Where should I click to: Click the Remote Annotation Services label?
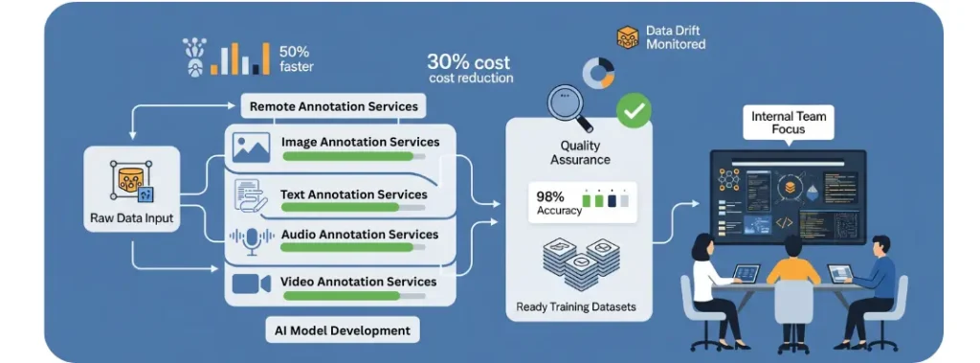pyautogui.click(x=334, y=106)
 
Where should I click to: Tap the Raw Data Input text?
pyautogui.click(x=132, y=218)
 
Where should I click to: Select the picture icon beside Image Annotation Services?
pyautogui.click(x=252, y=147)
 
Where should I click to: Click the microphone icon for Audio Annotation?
pyautogui.click(x=252, y=240)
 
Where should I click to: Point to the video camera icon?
pyautogui.click(x=251, y=284)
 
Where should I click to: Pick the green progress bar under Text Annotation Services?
pyautogui.click(x=340, y=207)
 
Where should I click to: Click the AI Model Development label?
pyautogui.click(x=343, y=329)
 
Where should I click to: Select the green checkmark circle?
pyautogui.click(x=634, y=111)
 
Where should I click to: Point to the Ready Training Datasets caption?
pyautogui.click(x=575, y=306)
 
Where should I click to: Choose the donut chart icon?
pyautogui.click(x=598, y=73)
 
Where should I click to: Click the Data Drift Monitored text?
pyautogui.click(x=676, y=37)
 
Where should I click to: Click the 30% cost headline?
pyautogui.click(x=469, y=62)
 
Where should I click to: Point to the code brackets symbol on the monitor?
pyautogui.click(x=784, y=222)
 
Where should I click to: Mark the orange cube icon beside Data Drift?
pyautogui.click(x=628, y=37)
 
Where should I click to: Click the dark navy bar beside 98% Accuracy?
pyautogui.click(x=612, y=199)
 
